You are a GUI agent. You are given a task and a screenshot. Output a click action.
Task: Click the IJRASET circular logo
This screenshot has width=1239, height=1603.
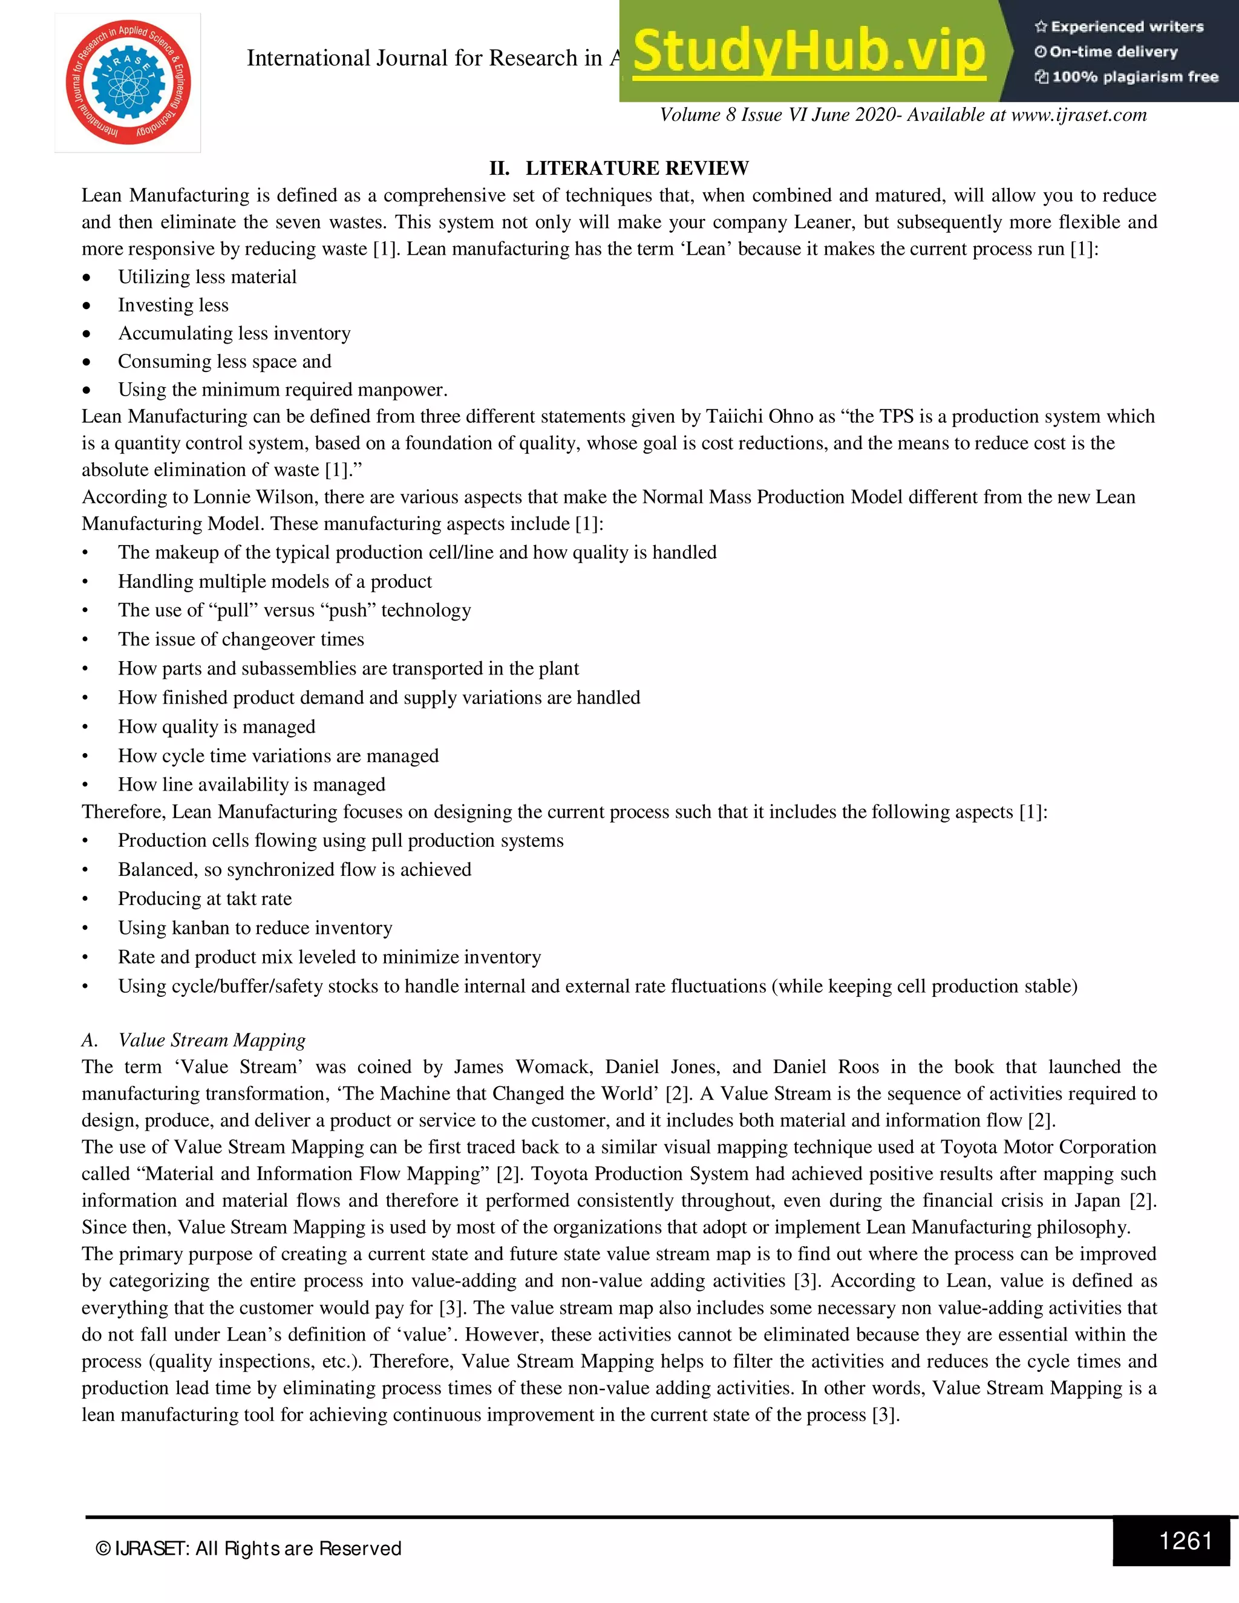128,82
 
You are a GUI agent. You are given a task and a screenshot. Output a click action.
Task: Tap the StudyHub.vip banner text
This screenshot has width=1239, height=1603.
809,52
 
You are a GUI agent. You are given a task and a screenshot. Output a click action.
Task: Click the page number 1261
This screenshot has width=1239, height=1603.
1185,1540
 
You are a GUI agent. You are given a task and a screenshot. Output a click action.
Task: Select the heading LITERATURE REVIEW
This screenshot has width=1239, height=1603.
636,168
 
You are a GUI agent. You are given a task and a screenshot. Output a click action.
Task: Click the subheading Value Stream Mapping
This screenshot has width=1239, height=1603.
211,1039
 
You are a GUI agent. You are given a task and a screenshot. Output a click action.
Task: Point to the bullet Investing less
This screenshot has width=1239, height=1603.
173,305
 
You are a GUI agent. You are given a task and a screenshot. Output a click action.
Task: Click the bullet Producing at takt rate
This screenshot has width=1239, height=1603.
205,898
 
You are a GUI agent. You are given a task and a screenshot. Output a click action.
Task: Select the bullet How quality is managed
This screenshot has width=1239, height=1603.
217,726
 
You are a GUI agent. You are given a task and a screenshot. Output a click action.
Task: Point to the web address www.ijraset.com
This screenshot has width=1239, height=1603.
1078,114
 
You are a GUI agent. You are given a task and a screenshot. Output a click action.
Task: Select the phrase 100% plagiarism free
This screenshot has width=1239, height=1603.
1134,77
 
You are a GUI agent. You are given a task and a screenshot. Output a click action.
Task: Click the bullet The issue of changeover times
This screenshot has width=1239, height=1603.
241,639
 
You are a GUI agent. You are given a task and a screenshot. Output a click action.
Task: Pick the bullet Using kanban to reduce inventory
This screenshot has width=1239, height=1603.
255,928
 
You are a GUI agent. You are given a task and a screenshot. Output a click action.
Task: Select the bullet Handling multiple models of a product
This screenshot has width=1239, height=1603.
275,581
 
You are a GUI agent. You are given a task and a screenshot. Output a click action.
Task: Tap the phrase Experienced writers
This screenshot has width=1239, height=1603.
1126,27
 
